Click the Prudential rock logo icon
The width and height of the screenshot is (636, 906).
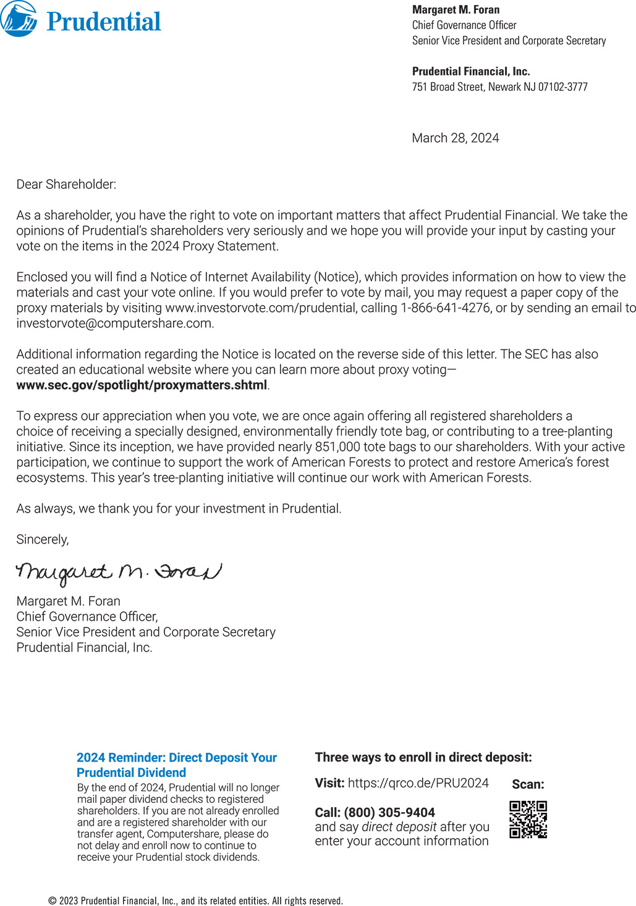pyautogui.click(x=19, y=19)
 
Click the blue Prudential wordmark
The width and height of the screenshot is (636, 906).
pyautogui.click(x=104, y=22)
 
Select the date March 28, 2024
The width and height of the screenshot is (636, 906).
pyautogui.click(x=456, y=138)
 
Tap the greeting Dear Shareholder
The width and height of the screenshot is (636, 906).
pyautogui.click(x=66, y=185)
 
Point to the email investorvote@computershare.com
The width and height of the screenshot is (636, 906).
pyautogui.click(x=114, y=324)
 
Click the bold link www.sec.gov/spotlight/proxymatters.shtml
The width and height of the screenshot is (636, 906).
pyautogui.click(x=142, y=385)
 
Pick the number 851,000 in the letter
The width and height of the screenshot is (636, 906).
pyautogui.click(x=337, y=447)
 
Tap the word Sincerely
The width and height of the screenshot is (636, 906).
pyautogui.click(x=43, y=540)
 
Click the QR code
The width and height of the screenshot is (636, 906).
pyautogui.click(x=528, y=820)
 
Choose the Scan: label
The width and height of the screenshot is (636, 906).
pyautogui.click(x=528, y=784)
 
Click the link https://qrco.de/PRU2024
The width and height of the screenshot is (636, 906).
pyautogui.click(x=418, y=783)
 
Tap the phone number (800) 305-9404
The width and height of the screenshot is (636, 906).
pyautogui.click(x=389, y=813)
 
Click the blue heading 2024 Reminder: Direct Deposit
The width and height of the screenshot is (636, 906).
pyautogui.click(x=176, y=765)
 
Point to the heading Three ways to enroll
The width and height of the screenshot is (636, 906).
pyautogui.click(x=423, y=758)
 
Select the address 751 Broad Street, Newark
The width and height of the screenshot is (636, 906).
pyautogui.click(x=499, y=87)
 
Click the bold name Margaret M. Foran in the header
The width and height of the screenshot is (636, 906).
pyautogui.click(x=456, y=10)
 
